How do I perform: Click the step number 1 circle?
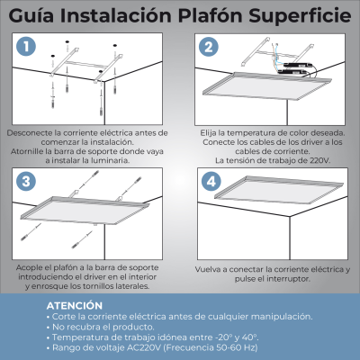click(28, 46)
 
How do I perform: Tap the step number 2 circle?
click(209, 47)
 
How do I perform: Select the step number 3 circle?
click(27, 181)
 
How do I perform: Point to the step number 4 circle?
click(211, 181)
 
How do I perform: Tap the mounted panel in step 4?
click(270, 216)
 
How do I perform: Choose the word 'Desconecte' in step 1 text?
click(29, 132)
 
